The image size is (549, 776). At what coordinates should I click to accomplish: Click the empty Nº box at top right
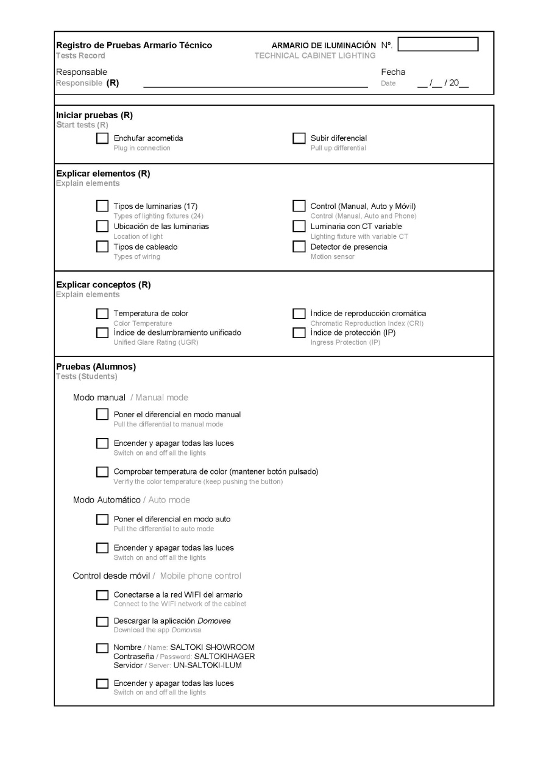(437, 44)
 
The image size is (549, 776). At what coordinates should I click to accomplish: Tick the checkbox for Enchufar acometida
(102, 139)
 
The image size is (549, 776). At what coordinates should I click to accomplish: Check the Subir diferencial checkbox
(299, 139)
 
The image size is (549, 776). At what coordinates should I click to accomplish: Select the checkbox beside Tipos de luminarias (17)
(102, 206)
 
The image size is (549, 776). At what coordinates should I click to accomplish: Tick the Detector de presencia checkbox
(299, 247)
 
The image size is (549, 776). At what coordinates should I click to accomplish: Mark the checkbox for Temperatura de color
(102, 314)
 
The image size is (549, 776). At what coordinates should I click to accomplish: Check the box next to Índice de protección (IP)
(299, 333)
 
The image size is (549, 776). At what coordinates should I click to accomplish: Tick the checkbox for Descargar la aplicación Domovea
(102, 622)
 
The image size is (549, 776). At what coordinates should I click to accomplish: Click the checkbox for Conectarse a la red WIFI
(102, 595)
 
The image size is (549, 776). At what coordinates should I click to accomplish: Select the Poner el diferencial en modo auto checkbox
(102, 520)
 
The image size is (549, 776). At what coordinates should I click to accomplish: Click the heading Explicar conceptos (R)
(103, 284)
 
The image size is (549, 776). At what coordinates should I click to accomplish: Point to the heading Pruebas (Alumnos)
(96, 367)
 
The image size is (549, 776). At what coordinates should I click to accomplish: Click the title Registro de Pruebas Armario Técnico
(134, 45)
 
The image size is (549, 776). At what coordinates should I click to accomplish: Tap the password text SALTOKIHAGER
(224, 657)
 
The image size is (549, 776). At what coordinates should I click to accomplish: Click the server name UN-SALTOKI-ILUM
(207, 666)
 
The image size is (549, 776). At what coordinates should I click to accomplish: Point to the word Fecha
(393, 72)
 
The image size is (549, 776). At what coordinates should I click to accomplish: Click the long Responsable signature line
(255, 87)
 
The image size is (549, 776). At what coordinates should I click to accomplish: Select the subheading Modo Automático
(107, 500)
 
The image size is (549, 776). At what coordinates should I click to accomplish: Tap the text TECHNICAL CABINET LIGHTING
(315, 56)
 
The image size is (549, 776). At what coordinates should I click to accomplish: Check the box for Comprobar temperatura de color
(102, 472)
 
